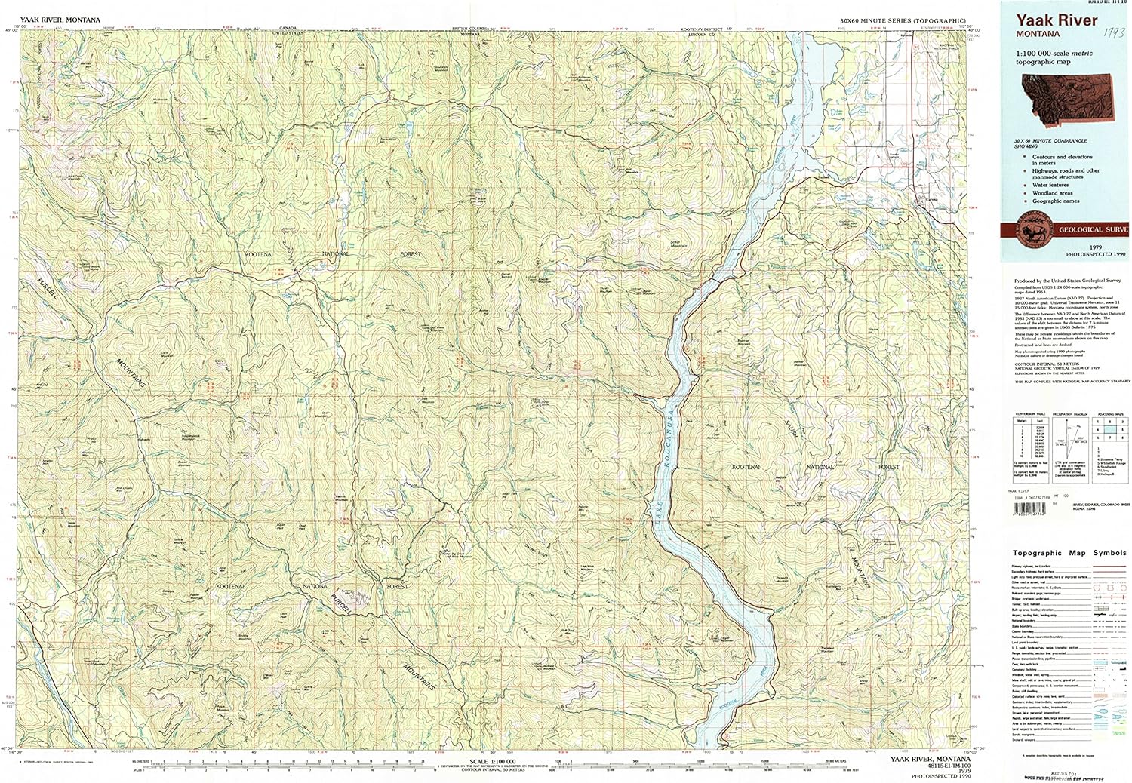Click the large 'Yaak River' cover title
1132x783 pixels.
tap(1056, 21)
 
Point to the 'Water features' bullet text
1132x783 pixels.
tap(1050, 185)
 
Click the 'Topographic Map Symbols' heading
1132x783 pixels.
tap(1069, 553)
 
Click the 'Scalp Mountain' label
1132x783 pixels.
tap(679, 245)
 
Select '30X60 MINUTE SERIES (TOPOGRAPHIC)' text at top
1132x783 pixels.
tap(902, 20)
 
